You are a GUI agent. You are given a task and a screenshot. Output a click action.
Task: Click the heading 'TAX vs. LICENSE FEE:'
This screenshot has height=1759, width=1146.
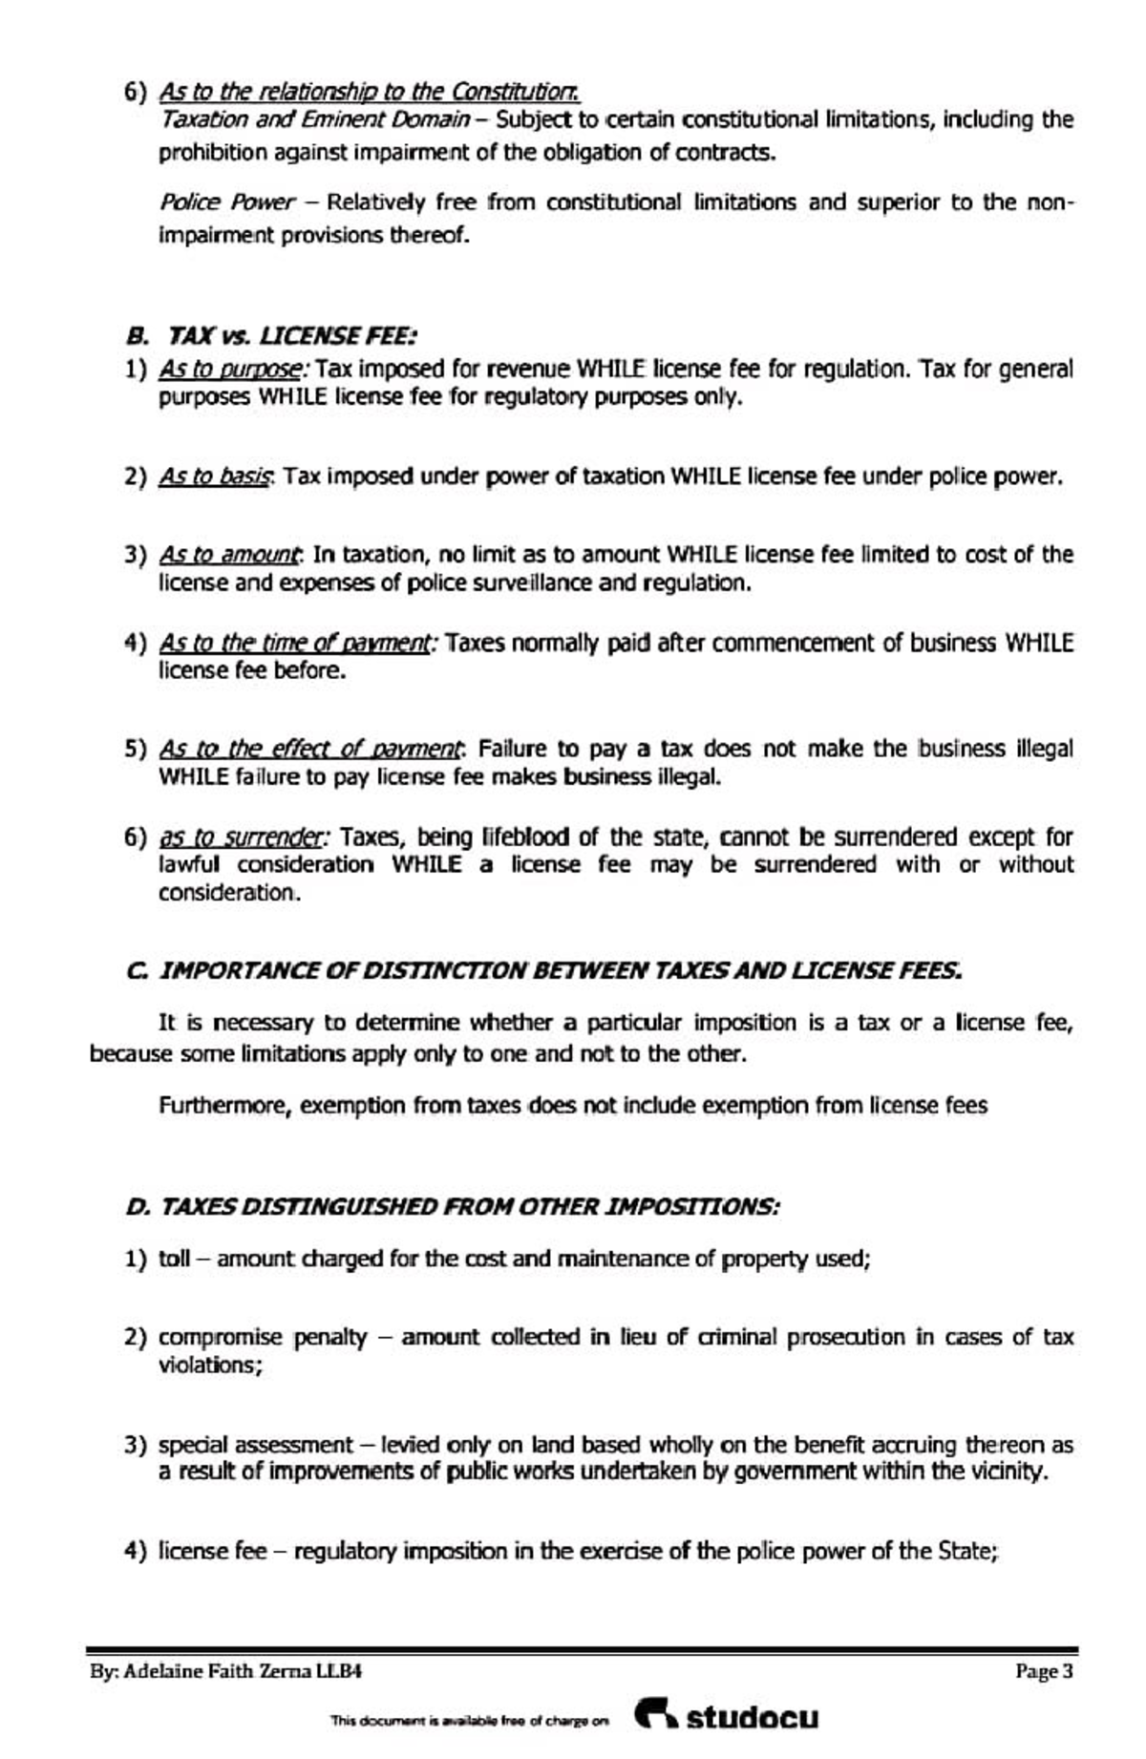click(x=291, y=336)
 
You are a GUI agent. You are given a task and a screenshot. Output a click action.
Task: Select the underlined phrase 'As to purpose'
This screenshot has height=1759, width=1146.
click(x=232, y=369)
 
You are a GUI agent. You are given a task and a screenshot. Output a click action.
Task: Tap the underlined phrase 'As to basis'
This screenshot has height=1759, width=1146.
click(x=217, y=476)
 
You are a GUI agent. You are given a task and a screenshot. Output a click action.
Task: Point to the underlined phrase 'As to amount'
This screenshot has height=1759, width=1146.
click(x=230, y=554)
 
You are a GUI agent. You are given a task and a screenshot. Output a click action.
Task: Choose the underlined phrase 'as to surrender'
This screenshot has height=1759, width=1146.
click(x=243, y=837)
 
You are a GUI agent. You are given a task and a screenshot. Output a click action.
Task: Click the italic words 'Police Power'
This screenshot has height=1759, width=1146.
click(x=226, y=202)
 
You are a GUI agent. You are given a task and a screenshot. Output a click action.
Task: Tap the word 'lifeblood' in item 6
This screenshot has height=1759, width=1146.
click(x=527, y=837)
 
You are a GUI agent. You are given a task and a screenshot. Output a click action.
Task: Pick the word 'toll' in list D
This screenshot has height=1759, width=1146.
click(x=174, y=1259)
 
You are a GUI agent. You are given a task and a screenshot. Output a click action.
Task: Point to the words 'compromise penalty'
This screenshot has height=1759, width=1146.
click(x=262, y=1337)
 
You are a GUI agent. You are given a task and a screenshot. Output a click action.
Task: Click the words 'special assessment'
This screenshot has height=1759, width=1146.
click(x=255, y=1445)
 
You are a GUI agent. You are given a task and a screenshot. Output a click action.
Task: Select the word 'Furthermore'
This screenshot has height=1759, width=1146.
click(x=224, y=1106)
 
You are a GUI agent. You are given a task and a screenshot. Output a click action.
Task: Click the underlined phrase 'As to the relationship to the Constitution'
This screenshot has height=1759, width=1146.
click(x=369, y=92)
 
